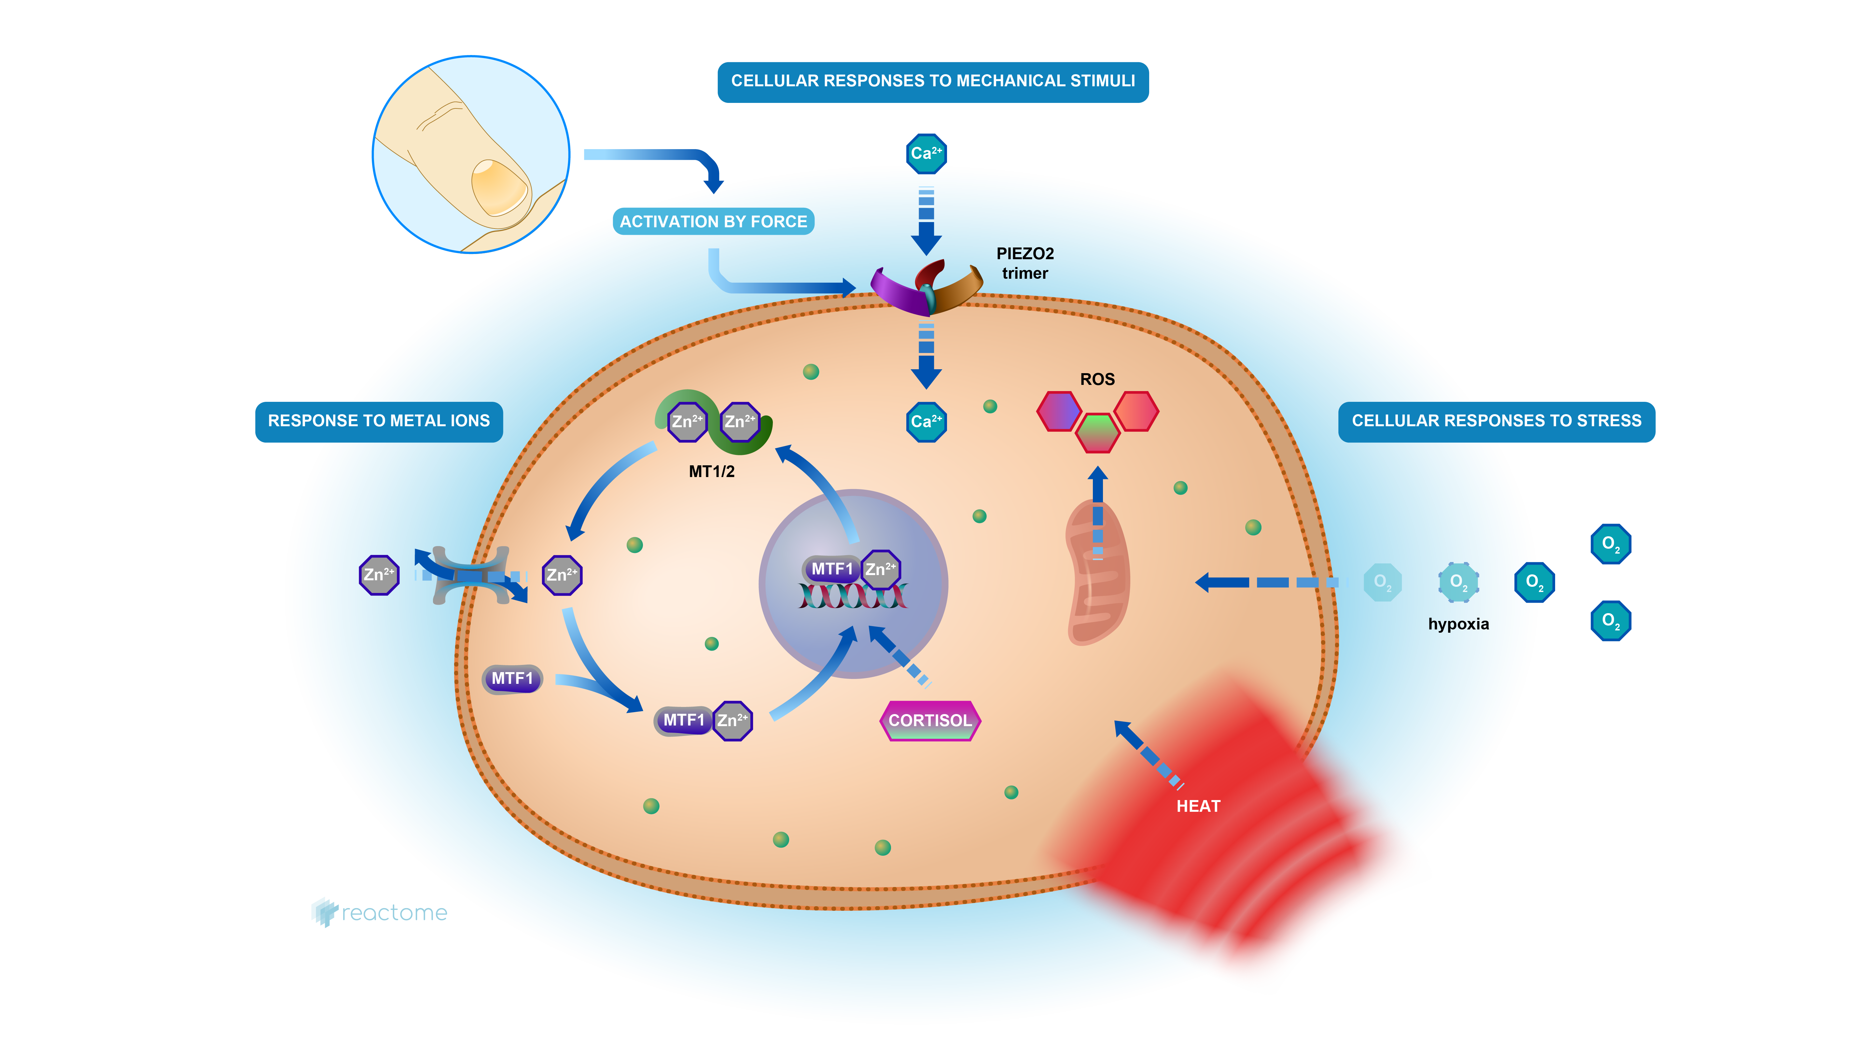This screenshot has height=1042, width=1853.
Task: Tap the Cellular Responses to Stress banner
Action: click(1496, 421)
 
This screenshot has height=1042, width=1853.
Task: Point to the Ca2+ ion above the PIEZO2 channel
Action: click(926, 153)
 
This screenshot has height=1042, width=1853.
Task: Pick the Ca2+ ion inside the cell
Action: click(926, 422)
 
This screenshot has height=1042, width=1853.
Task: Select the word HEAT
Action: click(1198, 806)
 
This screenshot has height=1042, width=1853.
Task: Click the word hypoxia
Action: click(1458, 624)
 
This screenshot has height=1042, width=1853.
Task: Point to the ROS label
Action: click(1097, 379)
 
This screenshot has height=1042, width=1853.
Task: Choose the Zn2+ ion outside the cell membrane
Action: click(379, 575)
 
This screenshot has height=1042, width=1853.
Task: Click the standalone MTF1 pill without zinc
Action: click(511, 679)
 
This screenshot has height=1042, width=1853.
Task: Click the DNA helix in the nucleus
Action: click(852, 597)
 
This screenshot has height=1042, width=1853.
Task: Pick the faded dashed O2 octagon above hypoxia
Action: click(1458, 582)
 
